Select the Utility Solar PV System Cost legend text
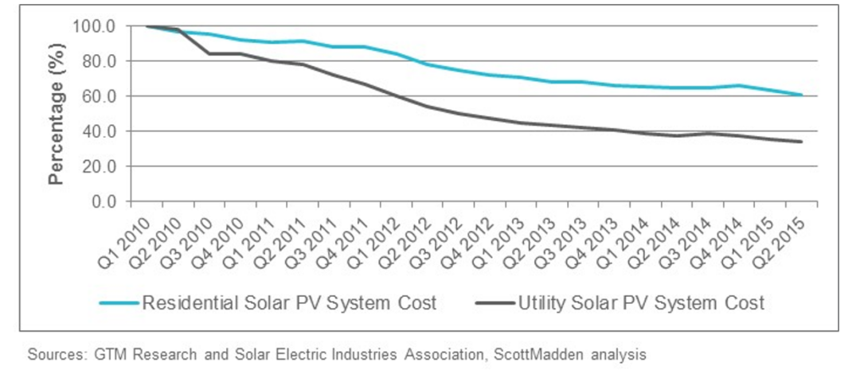[641, 302]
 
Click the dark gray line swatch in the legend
[494, 303]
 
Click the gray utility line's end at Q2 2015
[801, 142]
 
